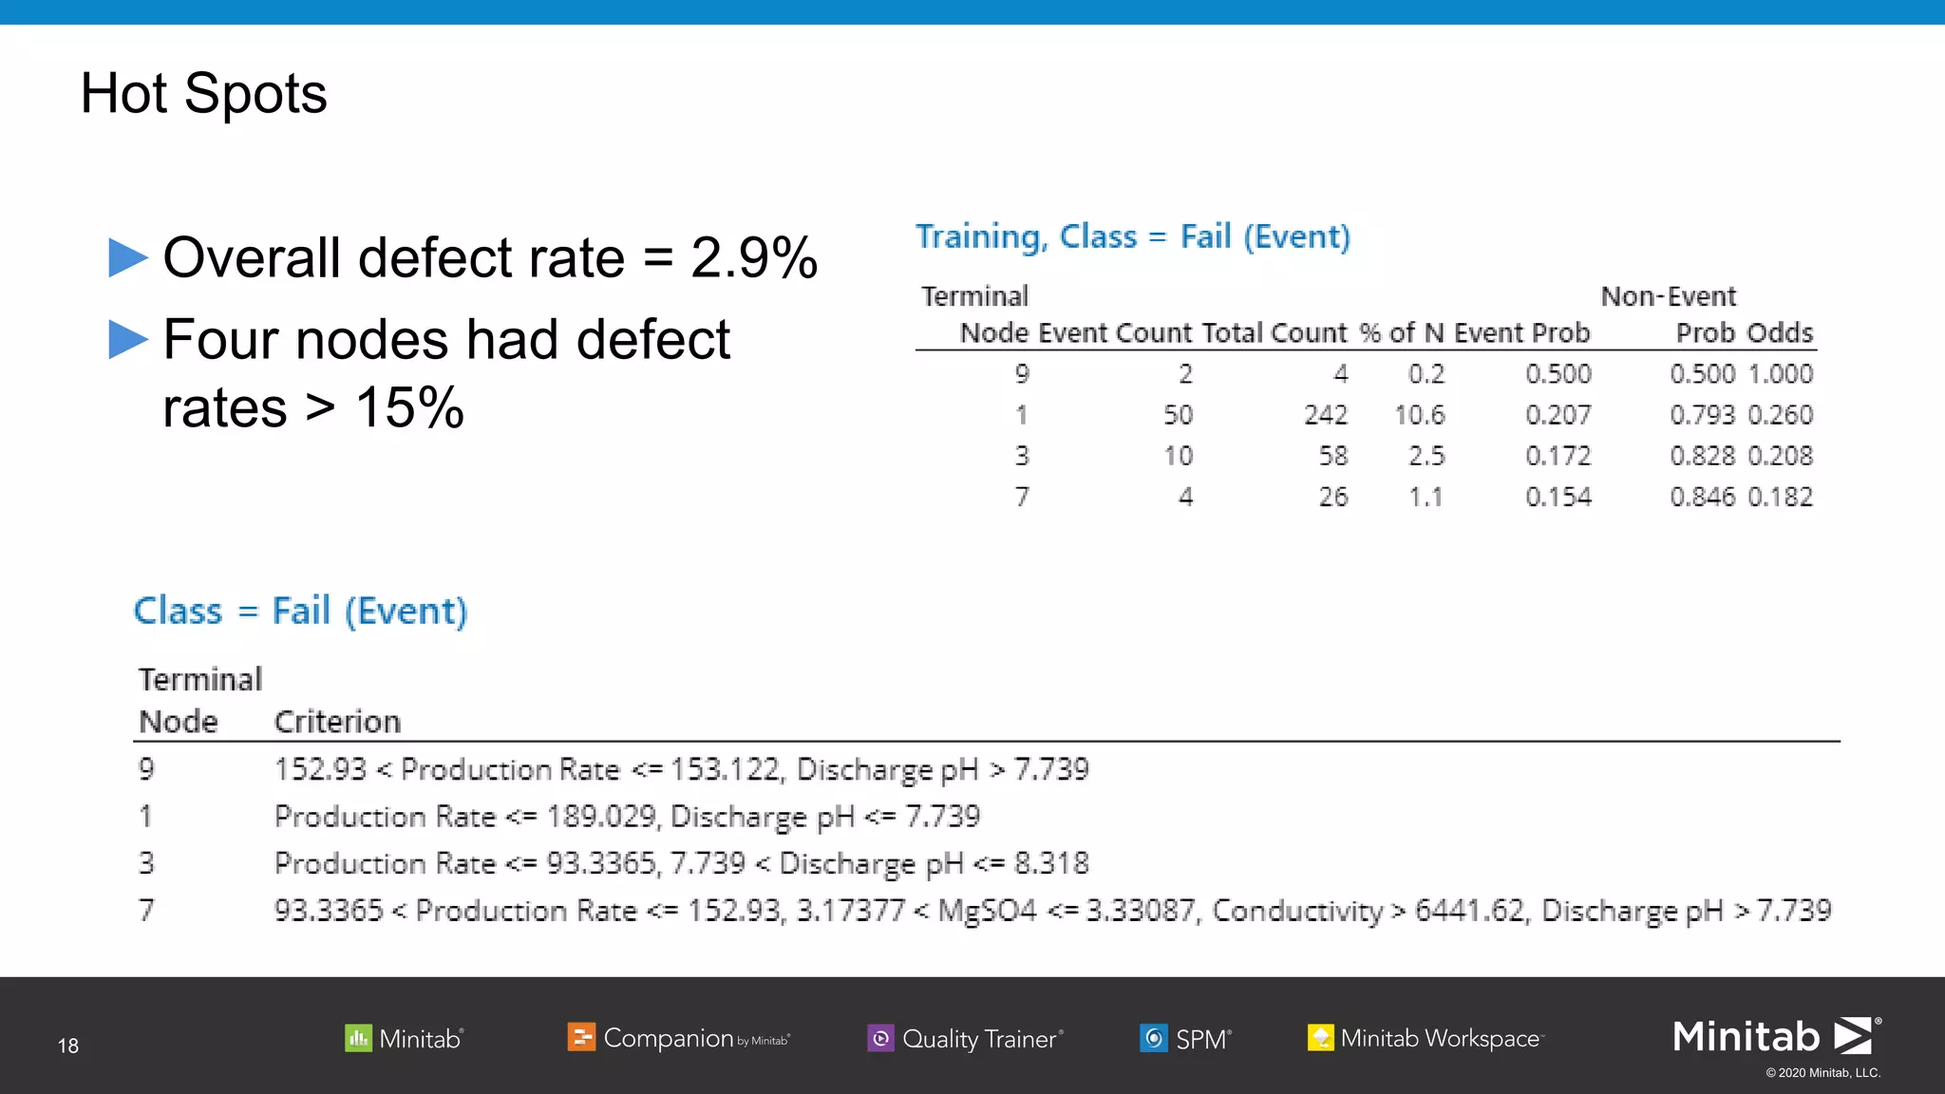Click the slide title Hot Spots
click(x=203, y=94)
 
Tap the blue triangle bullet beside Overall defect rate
click(x=128, y=257)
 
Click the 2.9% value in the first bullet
click(x=754, y=257)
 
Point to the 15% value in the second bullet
click(x=409, y=408)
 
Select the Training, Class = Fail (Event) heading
click(x=1132, y=236)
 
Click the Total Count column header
click(x=1274, y=333)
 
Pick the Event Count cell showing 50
click(x=1178, y=415)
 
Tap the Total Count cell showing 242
click(x=1325, y=415)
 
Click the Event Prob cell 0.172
click(x=1558, y=456)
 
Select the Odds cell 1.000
click(x=1781, y=374)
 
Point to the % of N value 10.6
click(x=1419, y=415)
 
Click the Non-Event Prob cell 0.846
click(x=1702, y=497)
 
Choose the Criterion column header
click(x=337, y=722)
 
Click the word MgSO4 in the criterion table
click(x=987, y=911)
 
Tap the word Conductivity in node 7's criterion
click(x=1297, y=911)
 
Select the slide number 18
click(x=68, y=1046)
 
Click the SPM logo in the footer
click(x=1185, y=1038)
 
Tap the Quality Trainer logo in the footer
click(x=965, y=1038)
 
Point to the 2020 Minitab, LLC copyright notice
click(x=1822, y=1073)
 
